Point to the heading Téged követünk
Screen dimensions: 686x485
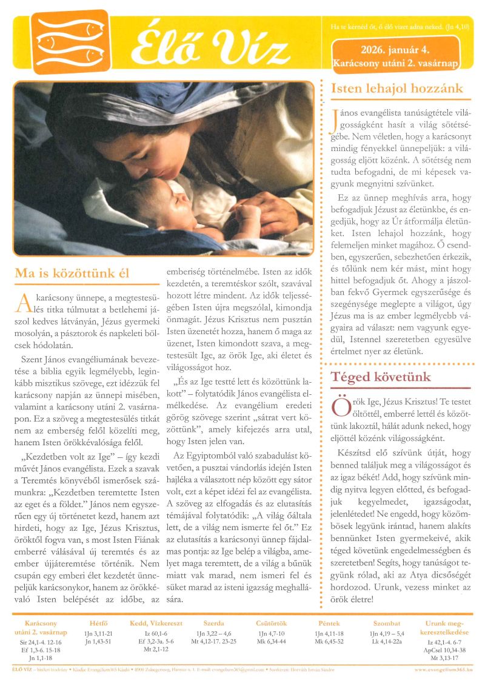click(x=380, y=377)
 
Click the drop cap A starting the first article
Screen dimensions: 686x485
click(x=22, y=301)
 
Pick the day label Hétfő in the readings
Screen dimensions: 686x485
click(x=98, y=623)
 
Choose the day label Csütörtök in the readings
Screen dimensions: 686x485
click(x=272, y=623)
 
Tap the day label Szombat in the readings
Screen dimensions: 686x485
click(x=386, y=623)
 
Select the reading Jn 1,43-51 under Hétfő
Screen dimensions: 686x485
click(x=98, y=641)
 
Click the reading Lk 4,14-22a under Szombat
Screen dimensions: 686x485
click(x=386, y=641)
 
